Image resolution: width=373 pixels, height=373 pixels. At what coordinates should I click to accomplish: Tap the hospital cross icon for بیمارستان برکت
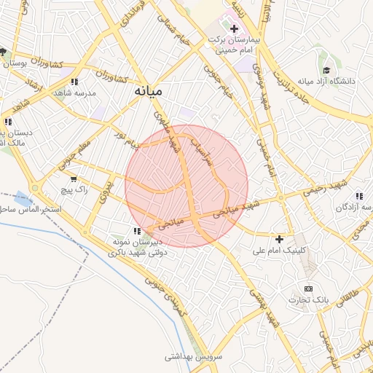click(x=234, y=30)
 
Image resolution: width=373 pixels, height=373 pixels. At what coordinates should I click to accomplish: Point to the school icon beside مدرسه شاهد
click(x=74, y=82)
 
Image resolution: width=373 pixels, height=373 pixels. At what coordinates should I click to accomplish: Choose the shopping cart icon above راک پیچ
click(x=74, y=178)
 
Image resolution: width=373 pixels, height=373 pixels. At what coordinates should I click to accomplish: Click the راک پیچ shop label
click(x=75, y=189)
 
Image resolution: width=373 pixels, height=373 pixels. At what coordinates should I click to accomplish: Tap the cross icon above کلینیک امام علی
click(x=279, y=239)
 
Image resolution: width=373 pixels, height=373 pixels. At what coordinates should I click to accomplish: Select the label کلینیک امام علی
click(x=279, y=250)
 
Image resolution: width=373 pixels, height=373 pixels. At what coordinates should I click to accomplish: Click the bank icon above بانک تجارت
click(x=307, y=288)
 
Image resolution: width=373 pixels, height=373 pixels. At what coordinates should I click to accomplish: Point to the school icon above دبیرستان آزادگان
click(x=358, y=195)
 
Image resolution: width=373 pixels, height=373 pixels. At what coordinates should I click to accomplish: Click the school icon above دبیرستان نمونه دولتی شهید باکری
click(x=137, y=231)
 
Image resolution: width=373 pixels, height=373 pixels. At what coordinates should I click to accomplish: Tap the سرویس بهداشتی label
click(x=186, y=356)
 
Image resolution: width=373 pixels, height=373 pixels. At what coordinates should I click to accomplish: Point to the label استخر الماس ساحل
click(x=29, y=210)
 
